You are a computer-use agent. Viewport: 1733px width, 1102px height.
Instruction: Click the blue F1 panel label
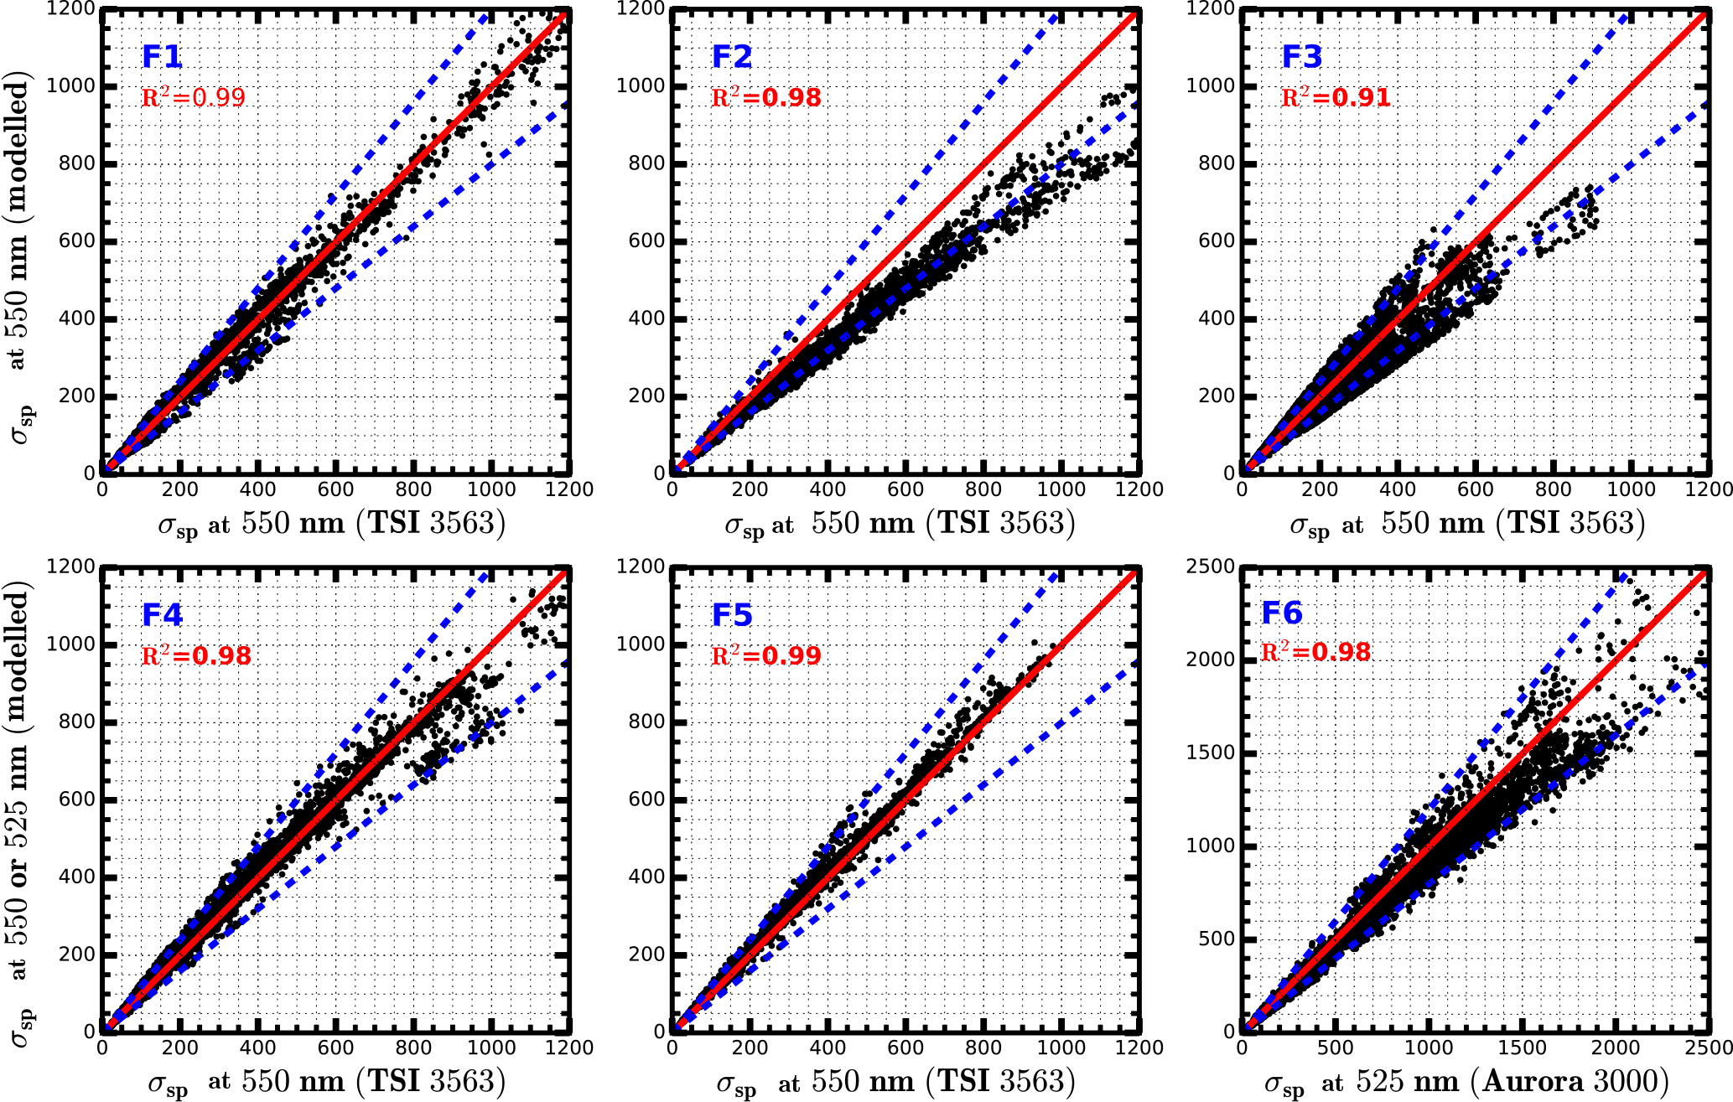click(162, 56)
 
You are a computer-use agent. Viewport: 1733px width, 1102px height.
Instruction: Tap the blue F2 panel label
click(732, 56)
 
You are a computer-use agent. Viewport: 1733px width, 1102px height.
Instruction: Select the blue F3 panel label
click(1302, 56)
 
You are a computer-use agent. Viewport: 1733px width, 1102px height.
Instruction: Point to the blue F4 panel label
click(162, 614)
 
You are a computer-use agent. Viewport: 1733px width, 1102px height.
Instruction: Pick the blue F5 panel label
click(732, 614)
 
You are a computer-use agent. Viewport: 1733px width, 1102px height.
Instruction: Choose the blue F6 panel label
click(1282, 613)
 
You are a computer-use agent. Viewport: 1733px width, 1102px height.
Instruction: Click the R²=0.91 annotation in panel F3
click(1336, 97)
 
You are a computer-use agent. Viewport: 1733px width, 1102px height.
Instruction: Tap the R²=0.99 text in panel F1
click(194, 97)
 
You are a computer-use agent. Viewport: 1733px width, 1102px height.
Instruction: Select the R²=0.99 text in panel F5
click(765, 655)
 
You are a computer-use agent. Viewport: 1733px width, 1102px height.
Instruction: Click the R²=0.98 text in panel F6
click(1315, 652)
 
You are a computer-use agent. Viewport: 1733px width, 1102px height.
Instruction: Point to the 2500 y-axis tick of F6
click(1210, 567)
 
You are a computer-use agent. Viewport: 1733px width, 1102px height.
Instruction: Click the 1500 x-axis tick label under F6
click(1521, 1048)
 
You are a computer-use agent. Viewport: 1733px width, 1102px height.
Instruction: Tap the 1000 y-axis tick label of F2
click(640, 85)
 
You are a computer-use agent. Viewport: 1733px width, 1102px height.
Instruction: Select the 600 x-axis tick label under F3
click(1475, 489)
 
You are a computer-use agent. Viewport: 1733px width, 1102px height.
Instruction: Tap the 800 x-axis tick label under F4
click(412, 1048)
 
